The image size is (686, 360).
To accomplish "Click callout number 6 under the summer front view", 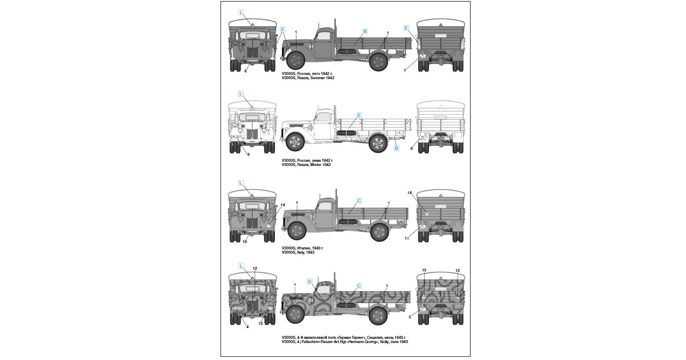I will (246, 71).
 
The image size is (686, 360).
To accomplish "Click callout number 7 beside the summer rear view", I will (405, 71).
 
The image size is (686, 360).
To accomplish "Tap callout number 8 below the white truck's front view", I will (249, 155).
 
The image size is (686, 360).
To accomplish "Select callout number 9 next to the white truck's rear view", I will (411, 149).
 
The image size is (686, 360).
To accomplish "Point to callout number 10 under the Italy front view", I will (245, 242).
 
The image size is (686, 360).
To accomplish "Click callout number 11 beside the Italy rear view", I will (407, 238).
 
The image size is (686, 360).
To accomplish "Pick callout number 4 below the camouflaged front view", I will (247, 327).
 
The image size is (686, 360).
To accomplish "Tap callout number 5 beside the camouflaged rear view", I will (410, 317).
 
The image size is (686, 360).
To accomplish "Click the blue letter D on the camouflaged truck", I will (310, 282).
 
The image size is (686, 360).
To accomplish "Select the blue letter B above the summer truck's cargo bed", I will (365, 31).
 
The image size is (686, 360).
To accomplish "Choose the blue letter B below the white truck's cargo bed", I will (396, 148).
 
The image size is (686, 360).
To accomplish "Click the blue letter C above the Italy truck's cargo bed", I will (359, 201).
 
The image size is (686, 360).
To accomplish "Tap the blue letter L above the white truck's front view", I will (241, 94).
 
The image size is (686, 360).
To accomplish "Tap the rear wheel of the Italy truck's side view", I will (379, 232).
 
